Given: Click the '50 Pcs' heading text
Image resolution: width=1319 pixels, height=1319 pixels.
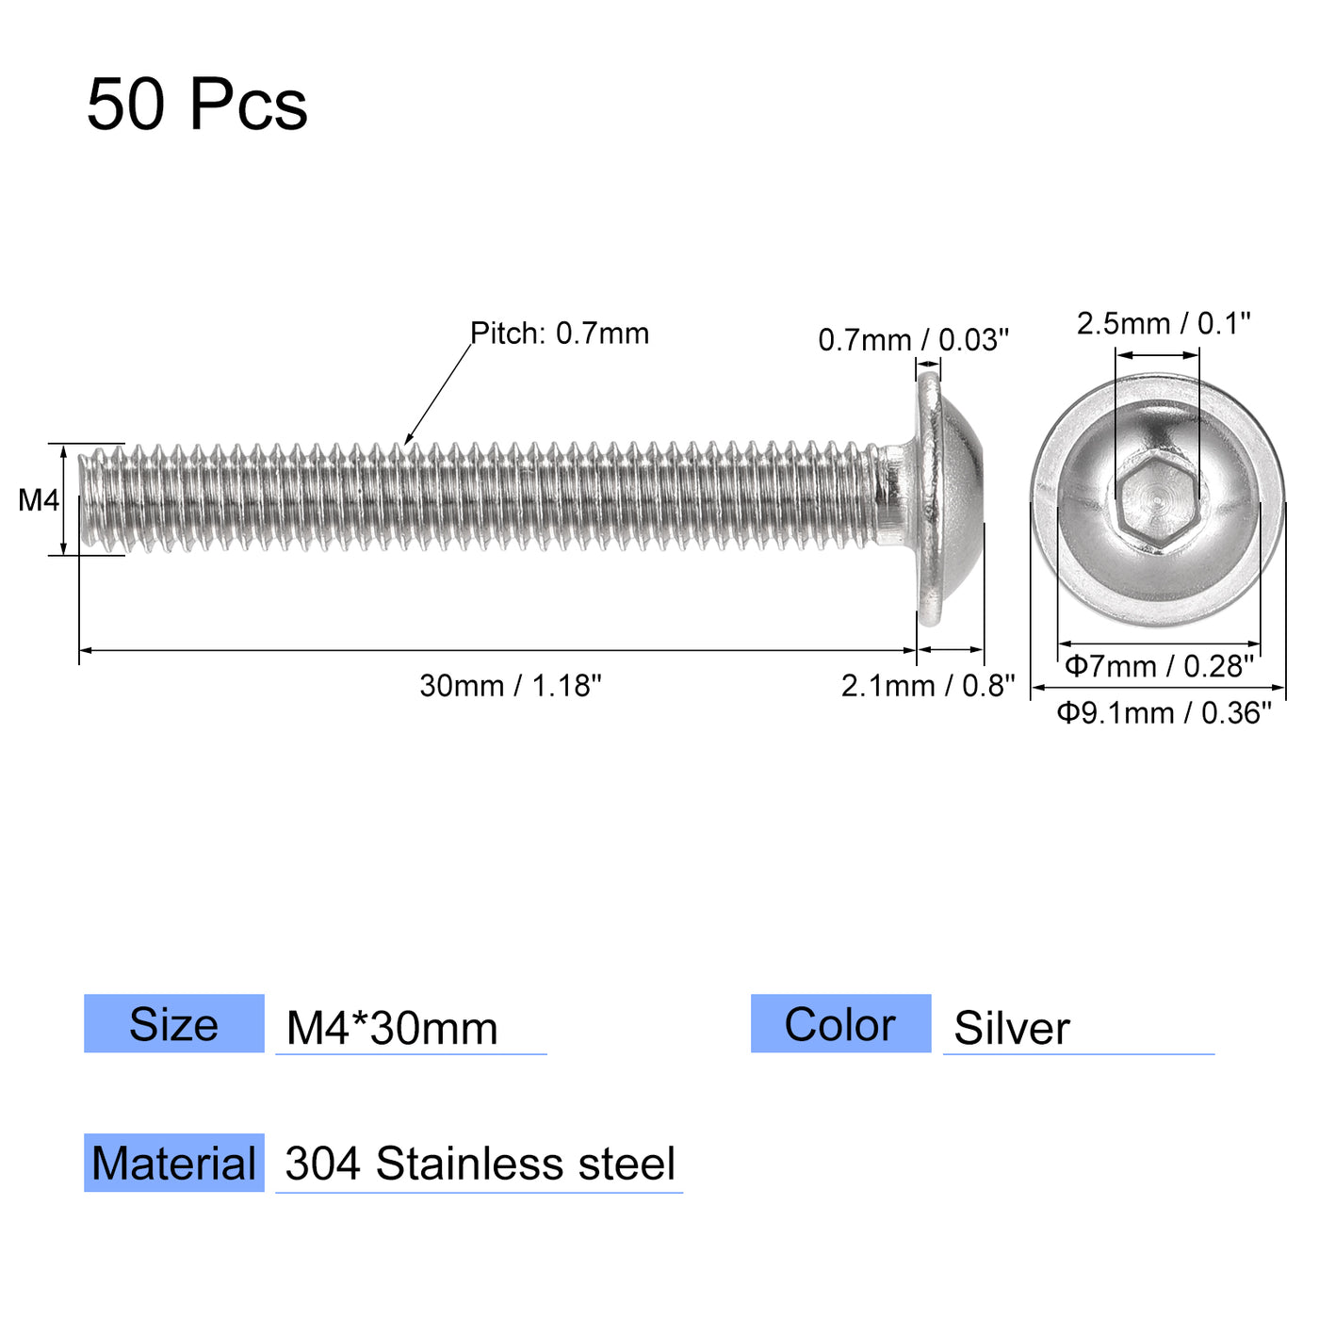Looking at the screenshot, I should coord(197,104).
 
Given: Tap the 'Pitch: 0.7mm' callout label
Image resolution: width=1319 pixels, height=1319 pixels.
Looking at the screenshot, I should coord(560,334).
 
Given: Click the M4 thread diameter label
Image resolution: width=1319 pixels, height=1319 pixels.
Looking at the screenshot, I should coord(39,500).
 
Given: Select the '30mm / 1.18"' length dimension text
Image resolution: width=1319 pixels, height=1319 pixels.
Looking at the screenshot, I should coord(510,686).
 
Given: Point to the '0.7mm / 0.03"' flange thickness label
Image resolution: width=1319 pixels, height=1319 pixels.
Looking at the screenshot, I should coord(913,340).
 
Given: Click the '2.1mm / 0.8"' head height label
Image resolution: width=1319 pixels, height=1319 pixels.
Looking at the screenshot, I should coord(928,686).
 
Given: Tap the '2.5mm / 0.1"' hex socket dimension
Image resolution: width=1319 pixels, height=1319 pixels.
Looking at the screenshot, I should coord(1164,324).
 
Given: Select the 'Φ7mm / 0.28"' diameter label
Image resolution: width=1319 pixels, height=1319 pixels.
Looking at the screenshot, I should coord(1159,667).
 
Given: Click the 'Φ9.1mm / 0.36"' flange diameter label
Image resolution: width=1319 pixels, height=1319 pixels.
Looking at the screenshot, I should coord(1164,713).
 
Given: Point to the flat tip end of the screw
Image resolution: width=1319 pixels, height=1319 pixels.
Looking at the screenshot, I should coord(86,499).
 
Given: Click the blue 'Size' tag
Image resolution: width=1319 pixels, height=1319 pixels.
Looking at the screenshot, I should coord(173,1024).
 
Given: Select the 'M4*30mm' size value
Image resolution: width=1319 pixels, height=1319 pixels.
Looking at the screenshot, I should coord(392,1028).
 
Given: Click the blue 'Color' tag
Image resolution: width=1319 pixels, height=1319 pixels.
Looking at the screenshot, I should coord(840,1024).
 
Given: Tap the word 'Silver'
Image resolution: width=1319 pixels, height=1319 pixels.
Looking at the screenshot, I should coord(1012,1028).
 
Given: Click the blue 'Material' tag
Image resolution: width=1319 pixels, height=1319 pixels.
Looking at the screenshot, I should coord(173,1164).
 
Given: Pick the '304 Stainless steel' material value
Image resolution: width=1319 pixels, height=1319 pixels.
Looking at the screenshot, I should coord(480,1164).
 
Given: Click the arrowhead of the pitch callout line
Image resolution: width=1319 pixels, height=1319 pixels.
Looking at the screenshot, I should coord(408,439).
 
